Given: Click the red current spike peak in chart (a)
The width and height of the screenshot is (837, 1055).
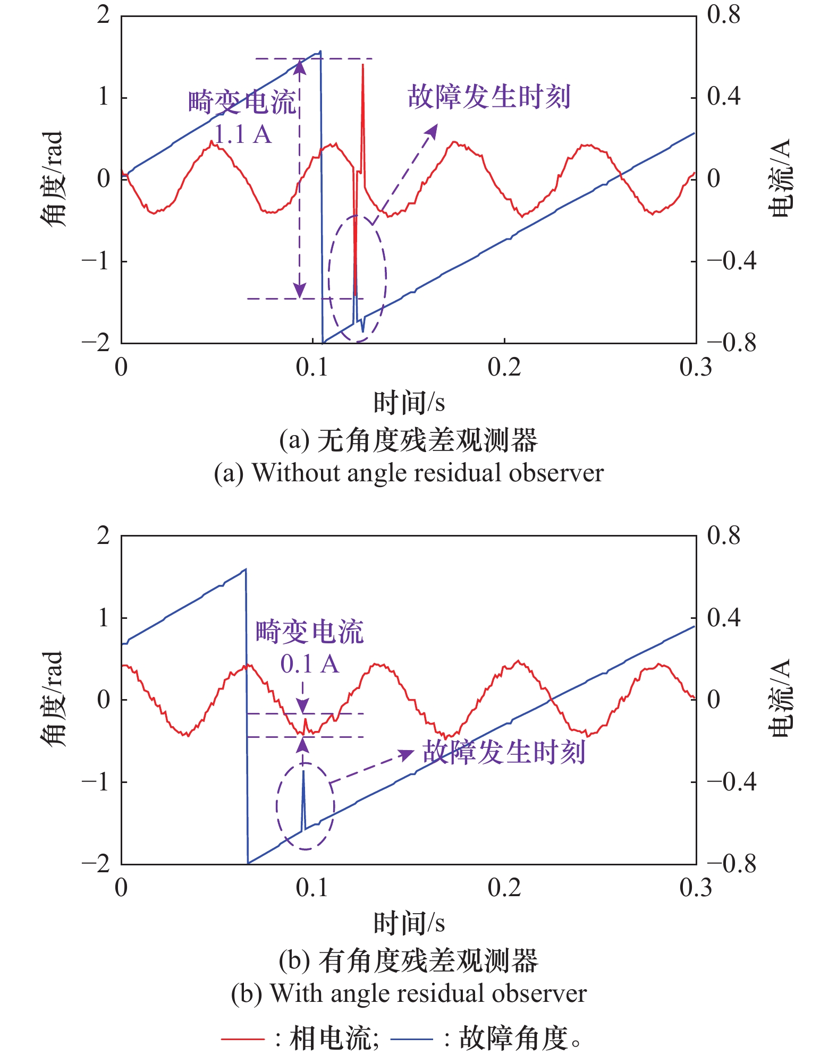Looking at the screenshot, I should pyautogui.click(x=363, y=65).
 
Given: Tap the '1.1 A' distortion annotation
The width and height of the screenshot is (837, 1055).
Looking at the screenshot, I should pyautogui.click(x=243, y=134).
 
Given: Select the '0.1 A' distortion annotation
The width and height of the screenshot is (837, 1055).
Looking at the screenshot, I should pyautogui.click(x=309, y=664).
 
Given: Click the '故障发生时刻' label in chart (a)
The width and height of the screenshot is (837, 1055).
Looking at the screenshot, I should pyautogui.click(x=489, y=97).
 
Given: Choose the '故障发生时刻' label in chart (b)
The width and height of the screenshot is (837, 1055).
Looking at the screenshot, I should pyautogui.click(x=504, y=752).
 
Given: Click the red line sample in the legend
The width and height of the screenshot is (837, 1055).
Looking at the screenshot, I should pyautogui.click(x=242, y=1038).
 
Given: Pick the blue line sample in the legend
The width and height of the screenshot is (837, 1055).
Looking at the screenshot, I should pyautogui.click(x=411, y=1038).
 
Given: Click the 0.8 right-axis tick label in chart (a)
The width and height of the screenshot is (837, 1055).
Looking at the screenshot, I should pyautogui.click(x=723, y=15).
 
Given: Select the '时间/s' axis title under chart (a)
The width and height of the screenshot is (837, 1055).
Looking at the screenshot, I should pyautogui.click(x=409, y=403).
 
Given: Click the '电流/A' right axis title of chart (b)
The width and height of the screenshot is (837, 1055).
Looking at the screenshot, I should pyautogui.click(x=781, y=698).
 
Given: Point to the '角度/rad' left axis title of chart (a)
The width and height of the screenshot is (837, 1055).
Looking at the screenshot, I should pyautogui.click(x=53, y=178).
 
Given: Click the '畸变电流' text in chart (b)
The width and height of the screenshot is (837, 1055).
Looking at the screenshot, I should pyautogui.click(x=309, y=632).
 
